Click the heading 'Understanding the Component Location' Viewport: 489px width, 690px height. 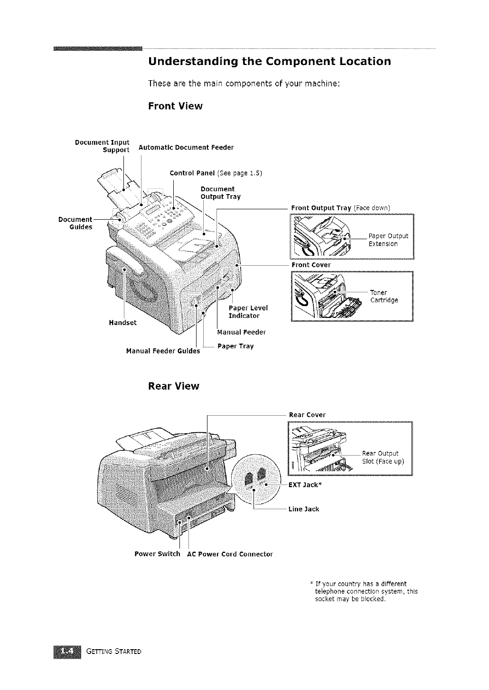270,62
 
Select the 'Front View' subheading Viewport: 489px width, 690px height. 175,106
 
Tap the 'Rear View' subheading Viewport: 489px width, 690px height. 174,386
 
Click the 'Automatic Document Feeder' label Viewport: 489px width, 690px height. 186,148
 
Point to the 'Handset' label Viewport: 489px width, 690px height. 122,323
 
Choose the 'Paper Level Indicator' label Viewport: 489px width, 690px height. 248,312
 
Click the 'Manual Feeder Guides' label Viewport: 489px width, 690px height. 163,352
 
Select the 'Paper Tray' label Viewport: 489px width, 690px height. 235,346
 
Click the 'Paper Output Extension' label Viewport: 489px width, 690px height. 388,240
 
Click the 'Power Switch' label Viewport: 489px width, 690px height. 157,554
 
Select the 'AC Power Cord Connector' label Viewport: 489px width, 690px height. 230,554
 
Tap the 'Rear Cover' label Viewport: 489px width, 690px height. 307,415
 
